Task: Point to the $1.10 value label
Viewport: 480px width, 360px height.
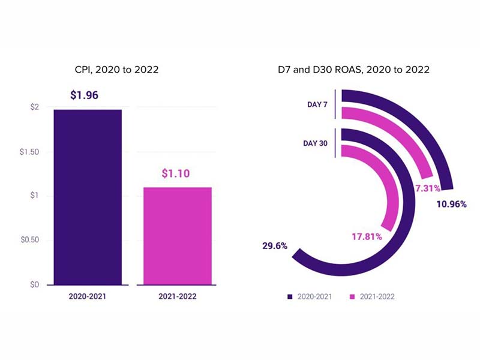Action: click(x=177, y=173)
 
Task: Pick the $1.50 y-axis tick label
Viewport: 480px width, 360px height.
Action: click(x=30, y=152)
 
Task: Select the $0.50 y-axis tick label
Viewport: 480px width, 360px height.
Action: click(x=30, y=240)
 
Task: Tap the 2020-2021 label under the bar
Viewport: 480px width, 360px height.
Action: click(x=88, y=296)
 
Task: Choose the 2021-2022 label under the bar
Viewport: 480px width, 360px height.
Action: click(x=177, y=296)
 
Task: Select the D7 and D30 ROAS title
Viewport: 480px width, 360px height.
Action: click(x=358, y=70)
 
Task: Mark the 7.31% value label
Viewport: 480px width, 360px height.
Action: click(x=428, y=188)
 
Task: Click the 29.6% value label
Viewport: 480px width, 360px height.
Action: click(x=275, y=245)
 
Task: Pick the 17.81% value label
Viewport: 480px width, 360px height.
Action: click(x=367, y=236)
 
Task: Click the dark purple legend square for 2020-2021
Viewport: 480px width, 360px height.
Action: click(x=290, y=296)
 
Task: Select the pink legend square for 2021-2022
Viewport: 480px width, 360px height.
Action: click(x=352, y=296)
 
